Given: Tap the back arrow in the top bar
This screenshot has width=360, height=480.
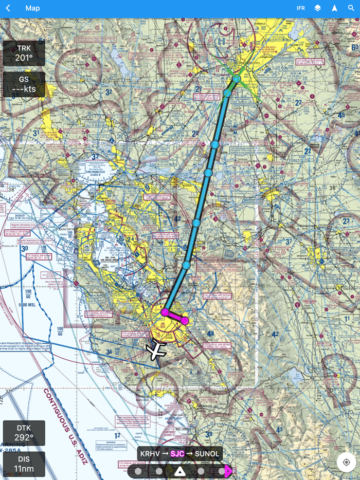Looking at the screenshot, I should point(8,8).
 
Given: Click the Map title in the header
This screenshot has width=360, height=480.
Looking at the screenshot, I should point(32,8).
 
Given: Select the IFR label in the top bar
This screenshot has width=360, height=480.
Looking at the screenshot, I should point(301,8).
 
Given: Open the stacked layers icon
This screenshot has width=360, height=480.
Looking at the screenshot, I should point(318,8).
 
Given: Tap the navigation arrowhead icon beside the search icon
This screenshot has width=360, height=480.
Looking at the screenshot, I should point(334,8).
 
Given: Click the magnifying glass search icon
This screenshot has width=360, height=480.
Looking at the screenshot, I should point(351,8).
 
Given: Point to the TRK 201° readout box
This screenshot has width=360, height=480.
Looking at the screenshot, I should point(24,53).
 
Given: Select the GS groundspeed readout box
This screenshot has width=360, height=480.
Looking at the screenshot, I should point(24,84).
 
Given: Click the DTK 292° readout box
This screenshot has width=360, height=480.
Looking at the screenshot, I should point(24,433).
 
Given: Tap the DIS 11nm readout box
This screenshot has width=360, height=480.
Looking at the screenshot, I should point(24,464).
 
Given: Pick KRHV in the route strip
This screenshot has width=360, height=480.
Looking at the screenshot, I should point(150,454).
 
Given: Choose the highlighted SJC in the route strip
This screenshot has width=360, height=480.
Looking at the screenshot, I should point(177,454).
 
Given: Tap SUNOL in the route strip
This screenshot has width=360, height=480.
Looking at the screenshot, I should point(207,454).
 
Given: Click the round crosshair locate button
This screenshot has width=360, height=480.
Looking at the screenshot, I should point(346,463).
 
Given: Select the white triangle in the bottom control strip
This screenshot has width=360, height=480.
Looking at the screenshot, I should point(179,471).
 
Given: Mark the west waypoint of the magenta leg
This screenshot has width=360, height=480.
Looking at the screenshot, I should point(165,312).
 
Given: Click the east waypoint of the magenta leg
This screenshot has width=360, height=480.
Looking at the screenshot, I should point(185,321).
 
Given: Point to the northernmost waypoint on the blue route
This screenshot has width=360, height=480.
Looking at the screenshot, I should point(236,79).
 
